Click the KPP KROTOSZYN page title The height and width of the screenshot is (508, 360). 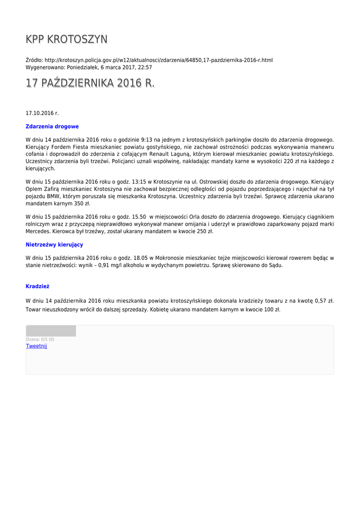tap(67, 40)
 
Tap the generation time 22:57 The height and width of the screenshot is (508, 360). tap(144, 67)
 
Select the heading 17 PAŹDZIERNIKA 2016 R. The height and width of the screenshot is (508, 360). tap(90, 83)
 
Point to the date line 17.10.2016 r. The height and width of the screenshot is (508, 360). tap(42, 113)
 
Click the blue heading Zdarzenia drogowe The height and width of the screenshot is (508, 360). tap(52, 127)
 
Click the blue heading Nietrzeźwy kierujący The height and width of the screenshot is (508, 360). tap(55, 245)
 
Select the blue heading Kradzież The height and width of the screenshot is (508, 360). tap(37, 286)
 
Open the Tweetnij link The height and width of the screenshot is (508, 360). tap(36, 346)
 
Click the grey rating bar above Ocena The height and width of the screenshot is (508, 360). tap(51, 331)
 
